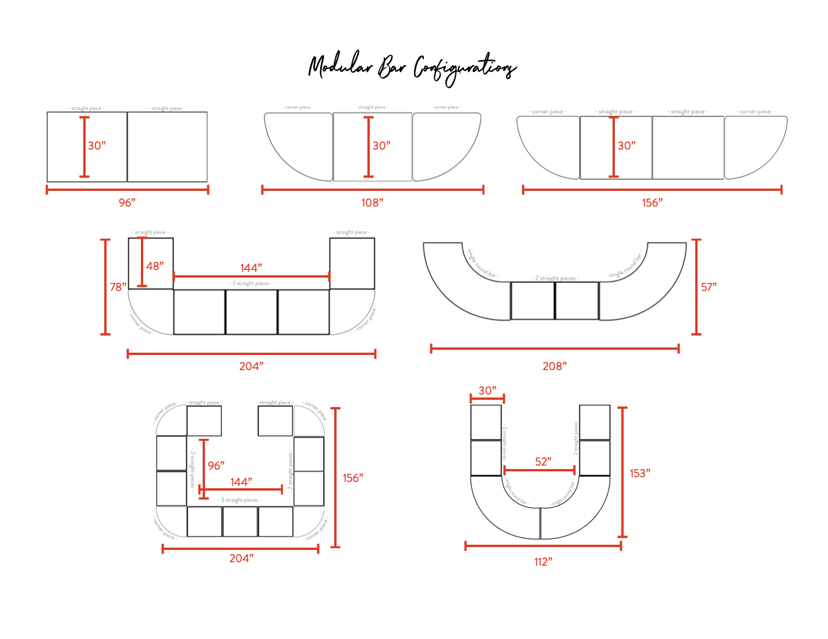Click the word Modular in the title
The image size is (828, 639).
click(x=341, y=66)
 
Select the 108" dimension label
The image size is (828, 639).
click(x=372, y=203)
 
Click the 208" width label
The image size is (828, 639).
click(x=554, y=366)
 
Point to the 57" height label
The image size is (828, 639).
click(x=709, y=287)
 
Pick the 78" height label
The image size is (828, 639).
click(x=118, y=287)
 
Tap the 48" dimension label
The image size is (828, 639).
click(x=155, y=266)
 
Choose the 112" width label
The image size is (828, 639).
click(x=543, y=562)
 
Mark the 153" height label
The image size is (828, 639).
click(x=640, y=473)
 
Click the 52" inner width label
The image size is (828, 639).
click(x=543, y=461)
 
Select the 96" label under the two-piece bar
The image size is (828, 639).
click(x=127, y=203)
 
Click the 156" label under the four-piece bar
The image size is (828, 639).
click(x=652, y=203)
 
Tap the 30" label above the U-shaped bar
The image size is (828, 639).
click(x=487, y=390)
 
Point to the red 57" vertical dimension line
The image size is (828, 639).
click(x=696, y=287)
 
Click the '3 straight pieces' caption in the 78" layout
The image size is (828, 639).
click(x=251, y=283)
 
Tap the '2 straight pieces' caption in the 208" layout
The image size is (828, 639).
click(x=555, y=278)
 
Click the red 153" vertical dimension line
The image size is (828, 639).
click(x=622, y=472)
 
